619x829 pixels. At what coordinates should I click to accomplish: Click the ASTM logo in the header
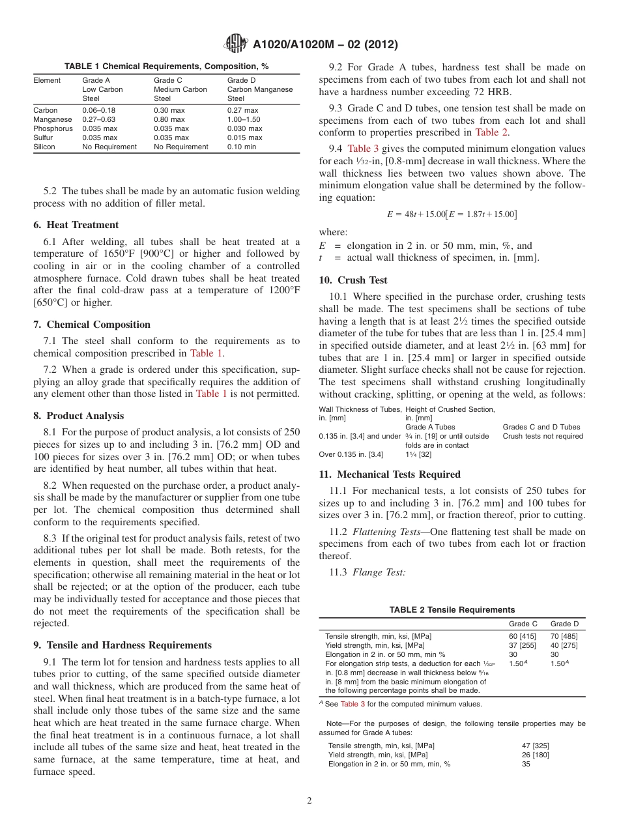coord(236,44)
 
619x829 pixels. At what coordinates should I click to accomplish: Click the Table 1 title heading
coord(166,66)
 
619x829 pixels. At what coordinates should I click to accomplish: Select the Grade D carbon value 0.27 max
coord(242,110)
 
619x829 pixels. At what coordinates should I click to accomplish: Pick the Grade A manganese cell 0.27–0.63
coord(99,119)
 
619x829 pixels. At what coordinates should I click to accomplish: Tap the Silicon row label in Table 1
coord(44,147)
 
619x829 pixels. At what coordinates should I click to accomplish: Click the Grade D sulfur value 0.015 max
coord(244,138)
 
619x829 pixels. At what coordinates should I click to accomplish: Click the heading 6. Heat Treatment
coord(76,225)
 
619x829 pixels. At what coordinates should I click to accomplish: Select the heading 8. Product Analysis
coord(79,416)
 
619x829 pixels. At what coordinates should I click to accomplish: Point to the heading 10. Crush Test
coord(353,280)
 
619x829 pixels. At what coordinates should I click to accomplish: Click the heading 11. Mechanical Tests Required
coord(390,474)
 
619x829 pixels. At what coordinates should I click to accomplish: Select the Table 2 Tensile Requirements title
coord(452,610)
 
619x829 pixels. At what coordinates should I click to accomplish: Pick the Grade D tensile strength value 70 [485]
coord(564,636)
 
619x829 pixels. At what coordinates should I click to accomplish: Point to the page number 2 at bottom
coord(309,801)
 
